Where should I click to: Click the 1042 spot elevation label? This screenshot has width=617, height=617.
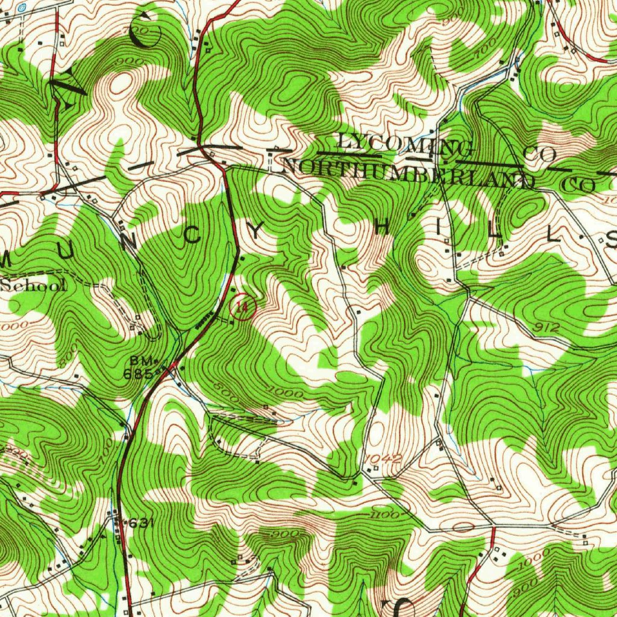(383, 459)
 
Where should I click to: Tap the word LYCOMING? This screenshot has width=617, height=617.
(404, 145)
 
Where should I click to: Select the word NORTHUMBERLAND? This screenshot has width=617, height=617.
(408, 172)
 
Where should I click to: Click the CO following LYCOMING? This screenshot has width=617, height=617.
(539, 154)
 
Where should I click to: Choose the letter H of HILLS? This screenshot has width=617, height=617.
(382, 228)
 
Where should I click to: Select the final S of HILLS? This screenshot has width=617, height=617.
(610, 241)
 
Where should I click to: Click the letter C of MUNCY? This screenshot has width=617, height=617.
(193, 236)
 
